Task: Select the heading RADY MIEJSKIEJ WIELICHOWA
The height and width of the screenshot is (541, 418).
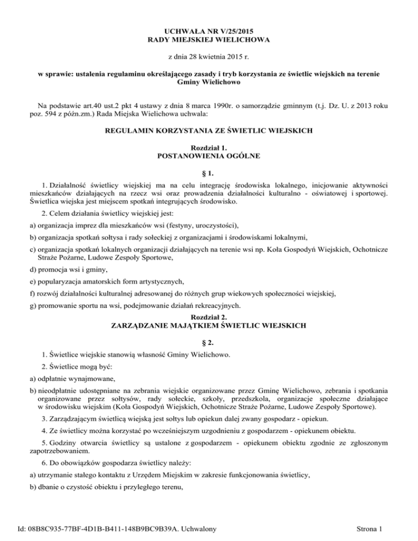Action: click(x=209, y=40)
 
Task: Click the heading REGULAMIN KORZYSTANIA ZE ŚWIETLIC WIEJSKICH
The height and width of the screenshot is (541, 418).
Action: click(x=209, y=130)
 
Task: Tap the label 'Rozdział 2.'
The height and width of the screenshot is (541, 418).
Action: click(x=209, y=316)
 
